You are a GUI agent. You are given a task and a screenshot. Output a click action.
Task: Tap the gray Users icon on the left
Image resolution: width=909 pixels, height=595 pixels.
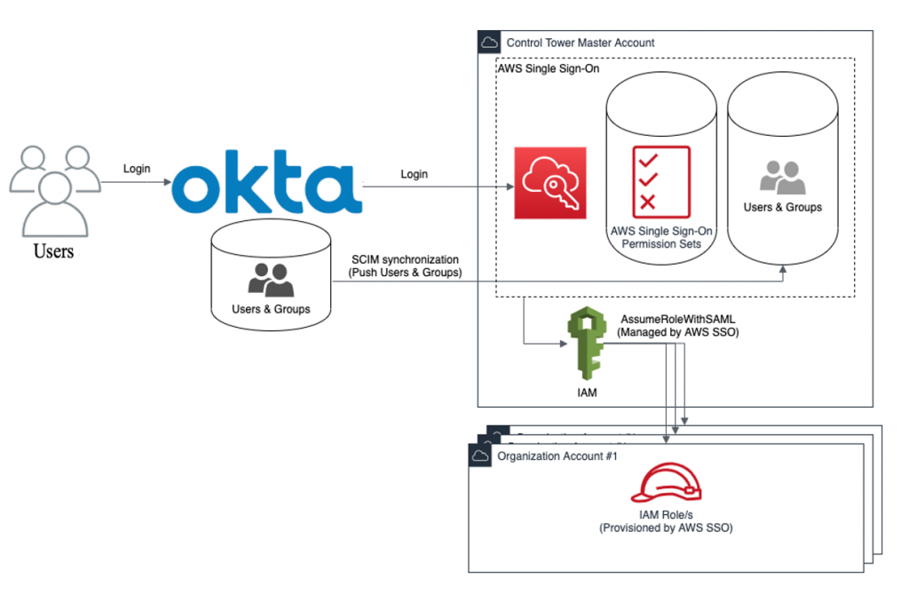[54, 191]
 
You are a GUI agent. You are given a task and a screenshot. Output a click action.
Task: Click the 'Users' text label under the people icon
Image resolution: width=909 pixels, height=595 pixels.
[53, 251]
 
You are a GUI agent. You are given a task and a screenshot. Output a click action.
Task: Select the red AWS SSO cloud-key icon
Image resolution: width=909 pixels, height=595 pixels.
[550, 183]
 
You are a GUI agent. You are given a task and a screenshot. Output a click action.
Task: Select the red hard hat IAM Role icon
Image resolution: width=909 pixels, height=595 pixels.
[666, 485]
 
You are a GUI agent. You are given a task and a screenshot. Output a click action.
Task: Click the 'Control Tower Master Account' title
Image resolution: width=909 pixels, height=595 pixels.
[580, 43]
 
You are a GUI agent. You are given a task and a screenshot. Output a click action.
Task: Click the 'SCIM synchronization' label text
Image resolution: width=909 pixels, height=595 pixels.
[407, 258]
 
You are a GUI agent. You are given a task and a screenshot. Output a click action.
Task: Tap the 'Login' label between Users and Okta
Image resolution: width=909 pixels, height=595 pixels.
[137, 169]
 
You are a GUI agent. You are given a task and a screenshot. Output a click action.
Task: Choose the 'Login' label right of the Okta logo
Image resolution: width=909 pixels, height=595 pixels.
[414, 174]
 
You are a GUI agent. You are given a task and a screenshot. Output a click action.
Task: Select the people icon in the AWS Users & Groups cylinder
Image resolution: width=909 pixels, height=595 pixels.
[782, 177]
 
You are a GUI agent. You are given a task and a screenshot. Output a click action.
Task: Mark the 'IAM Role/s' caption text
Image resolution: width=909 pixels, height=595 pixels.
[666, 514]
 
